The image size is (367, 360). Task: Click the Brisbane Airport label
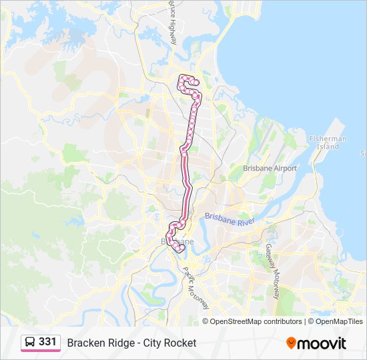coord(270,169)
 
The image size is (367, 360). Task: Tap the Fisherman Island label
coord(328,142)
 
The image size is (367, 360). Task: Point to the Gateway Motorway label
coord(273,262)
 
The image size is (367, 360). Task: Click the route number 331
coord(47,341)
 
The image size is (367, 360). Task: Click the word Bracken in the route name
coord(84,343)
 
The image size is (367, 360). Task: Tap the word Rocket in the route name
coord(181,343)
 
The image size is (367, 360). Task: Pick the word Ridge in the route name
coord(119,343)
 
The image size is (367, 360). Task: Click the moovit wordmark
coord(322,343)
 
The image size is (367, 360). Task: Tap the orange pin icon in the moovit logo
coord(291,343)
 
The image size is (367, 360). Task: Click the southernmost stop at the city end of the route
coord(180,250)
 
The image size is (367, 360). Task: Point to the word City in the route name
coord(156,343)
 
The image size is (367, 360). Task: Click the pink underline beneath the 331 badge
coord(40,351)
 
